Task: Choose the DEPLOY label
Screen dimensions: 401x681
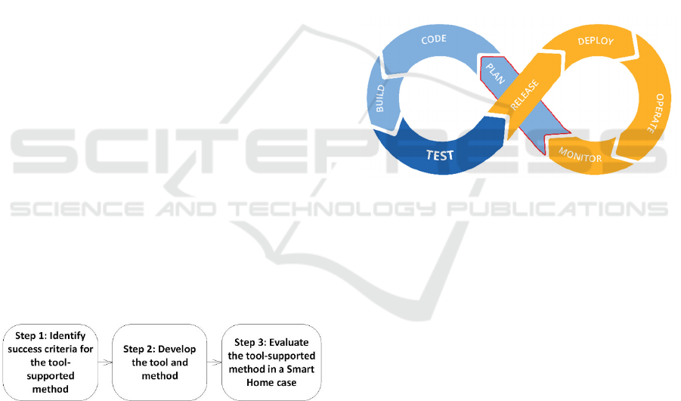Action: [596, 41]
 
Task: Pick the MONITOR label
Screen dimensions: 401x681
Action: [580, 155]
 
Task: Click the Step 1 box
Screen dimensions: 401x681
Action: [51, 362]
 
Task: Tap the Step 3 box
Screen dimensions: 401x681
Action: [271, 362]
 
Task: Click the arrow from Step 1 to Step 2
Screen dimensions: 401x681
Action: [105, 362]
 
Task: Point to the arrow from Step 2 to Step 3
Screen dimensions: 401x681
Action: [214, 362]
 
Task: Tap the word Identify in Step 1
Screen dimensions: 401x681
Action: [72, 336]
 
